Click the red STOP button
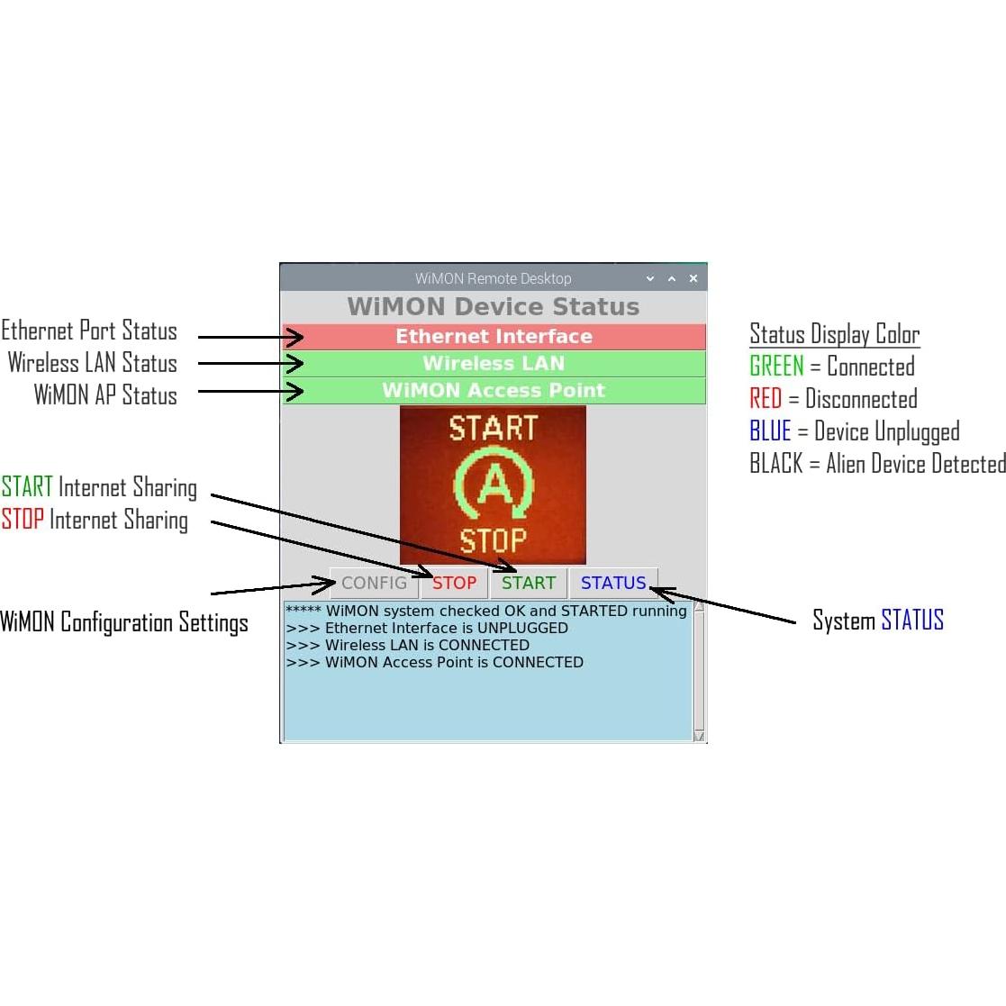click(x=454, y=583)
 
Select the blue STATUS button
click(x=613, y=583)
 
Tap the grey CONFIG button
click(x=374, y=583)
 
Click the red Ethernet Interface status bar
click(x=494, y=337)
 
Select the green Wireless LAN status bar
click(x=494, y=364)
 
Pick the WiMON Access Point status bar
click(x=494, y=391)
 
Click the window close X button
click(x=693, y=278)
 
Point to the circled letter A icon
click(x=493, y=485)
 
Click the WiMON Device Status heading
click(x=493, y=306)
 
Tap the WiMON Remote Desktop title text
click(x=493, y=278)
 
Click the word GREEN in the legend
click(x=776, y=367)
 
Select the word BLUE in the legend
click(x=770, y=431)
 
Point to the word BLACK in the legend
click(x=775, y=464)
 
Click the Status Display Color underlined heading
click(x=834, y=334)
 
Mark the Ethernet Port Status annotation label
click(x=89, y=331)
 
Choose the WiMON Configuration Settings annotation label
click(x=124, y=622)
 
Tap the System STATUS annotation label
click(x=878, y=621)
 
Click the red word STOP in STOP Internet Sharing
click(x=23, y=520)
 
